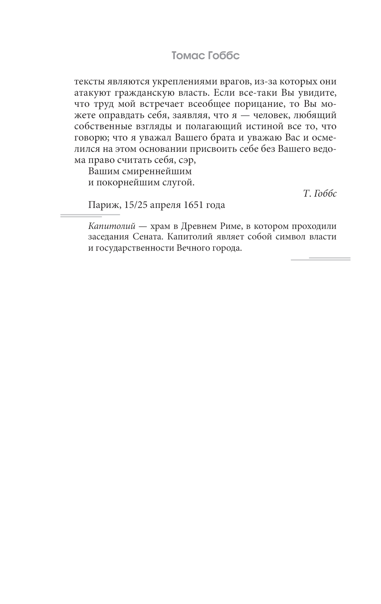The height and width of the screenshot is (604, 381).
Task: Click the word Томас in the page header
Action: coord(188,56)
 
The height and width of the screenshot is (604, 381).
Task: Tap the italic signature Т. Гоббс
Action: coord(320,194)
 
